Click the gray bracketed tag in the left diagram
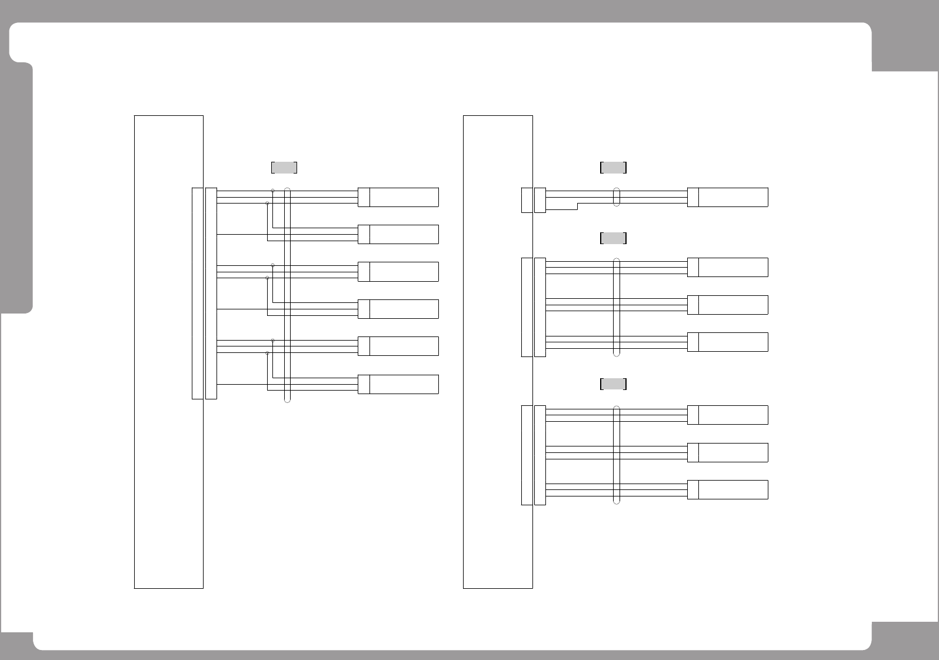(x=284, y=168)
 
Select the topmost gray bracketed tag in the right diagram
(x=613, y=168)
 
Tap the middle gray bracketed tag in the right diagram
(x=613, y=238)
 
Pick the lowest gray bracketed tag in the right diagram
(x=613, y=384)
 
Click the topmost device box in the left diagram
(x=398, y=197)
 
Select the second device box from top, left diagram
(x=398, y=234)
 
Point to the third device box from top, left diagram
(x=398, y=272)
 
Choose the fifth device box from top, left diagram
(x=398, y=346)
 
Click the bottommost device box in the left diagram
(x=398, y=384)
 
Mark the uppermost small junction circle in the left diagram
(x=272, y=191)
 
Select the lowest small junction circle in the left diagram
(x=268, y=353)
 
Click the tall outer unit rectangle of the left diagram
(x=169, y=352)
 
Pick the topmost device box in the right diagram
(x=728, y=197)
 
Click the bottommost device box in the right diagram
(x=728, y=490)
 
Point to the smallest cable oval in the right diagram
(x=617, y=197)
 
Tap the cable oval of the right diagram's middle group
(x=617, y=307)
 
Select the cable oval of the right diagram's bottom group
(x=617, y=455)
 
